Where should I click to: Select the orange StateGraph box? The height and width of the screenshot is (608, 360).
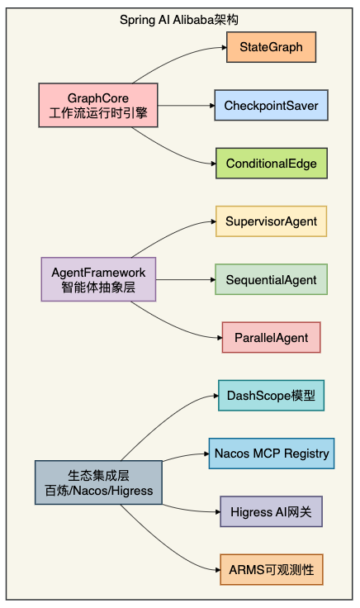tap(271, 48)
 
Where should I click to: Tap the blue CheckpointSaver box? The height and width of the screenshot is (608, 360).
tap(271, 106)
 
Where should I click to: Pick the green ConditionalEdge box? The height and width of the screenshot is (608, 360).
tap(271, 164)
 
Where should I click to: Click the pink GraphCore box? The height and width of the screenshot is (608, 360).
tap(98, 105)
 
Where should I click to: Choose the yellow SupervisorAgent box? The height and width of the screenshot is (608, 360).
tap(271, 221)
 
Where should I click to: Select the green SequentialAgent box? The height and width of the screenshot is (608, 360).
tap(271, 280)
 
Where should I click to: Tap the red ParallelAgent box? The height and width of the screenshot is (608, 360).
tap(271, 338)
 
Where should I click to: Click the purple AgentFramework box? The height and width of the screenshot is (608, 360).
tap(98, 279)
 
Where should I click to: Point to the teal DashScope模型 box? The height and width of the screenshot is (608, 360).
tap(271, 396)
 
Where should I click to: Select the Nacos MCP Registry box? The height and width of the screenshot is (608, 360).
tap(271, 454)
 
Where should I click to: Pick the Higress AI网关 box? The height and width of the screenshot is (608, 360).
tap(271, 511)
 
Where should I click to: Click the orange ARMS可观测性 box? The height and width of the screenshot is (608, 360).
tap(271, 570)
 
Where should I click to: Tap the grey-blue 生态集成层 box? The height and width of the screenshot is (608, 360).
tap(98, 482)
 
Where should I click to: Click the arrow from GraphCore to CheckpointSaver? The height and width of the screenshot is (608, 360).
tap(186, 106)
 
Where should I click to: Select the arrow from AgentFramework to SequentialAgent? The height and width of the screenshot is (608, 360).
tap(186, 280)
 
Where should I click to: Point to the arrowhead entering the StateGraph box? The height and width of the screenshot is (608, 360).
tap(223, 48)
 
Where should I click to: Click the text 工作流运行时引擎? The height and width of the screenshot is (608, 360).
tap(98, 113)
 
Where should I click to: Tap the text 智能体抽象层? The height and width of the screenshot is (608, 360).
tap(98, 287)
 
